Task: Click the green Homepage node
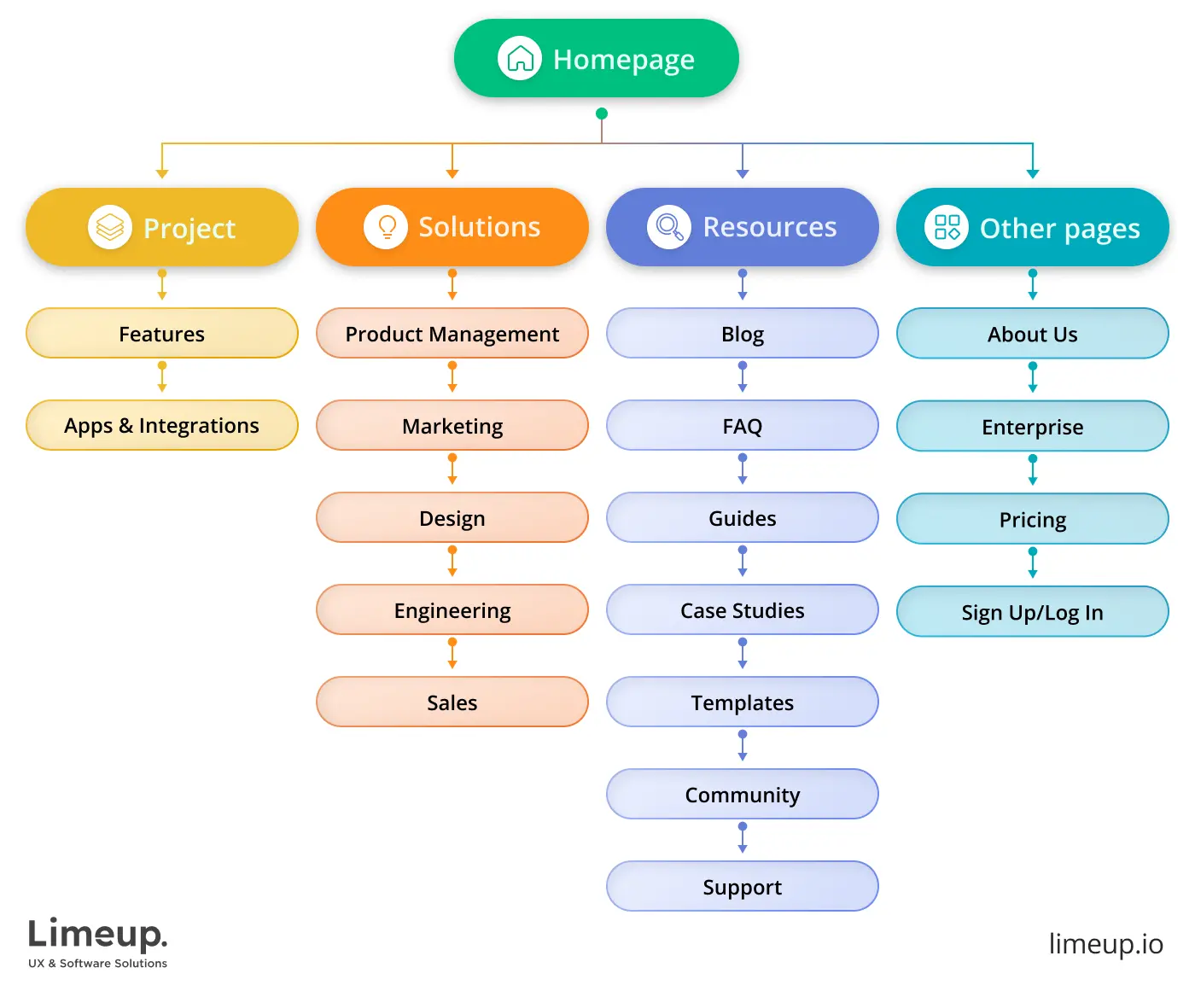(x=596, y=58)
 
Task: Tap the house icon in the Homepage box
(x=520, y=58)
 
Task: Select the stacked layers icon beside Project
(x=110, y=227)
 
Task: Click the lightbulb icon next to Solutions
(x=386, y=227)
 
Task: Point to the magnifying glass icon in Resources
(x=669, y=227)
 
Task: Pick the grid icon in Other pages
(x=947, y=227)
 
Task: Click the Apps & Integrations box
(x=162, y=425)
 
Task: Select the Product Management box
(x=452, y=333)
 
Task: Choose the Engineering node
(x=452, y=609)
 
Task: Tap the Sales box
(x=452, y=702)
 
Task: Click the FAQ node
(x=743, y=425)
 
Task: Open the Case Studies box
(x=743, y=609)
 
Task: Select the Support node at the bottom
(x=743, y=886)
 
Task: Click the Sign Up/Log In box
(x=1033, y=611)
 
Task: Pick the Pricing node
(x=1033, y=519)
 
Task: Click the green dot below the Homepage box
(x=602, y=114)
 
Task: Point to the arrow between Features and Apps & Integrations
(x=162, y=377)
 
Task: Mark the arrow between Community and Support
(x=743, y=838)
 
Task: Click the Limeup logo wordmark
(x=98, y=935)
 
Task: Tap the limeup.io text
(x=1105, y=944)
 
